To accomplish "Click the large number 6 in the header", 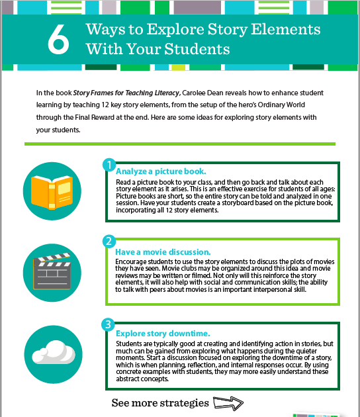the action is point(58,40).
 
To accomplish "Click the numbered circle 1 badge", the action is point(109,163).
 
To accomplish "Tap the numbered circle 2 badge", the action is point(109,242).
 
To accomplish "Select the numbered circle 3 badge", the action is point(109,324).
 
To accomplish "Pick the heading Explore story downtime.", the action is point(162,333).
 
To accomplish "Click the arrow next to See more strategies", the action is point(228,402).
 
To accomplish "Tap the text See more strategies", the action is point(160,402).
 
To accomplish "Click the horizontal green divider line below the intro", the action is point(179,144).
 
